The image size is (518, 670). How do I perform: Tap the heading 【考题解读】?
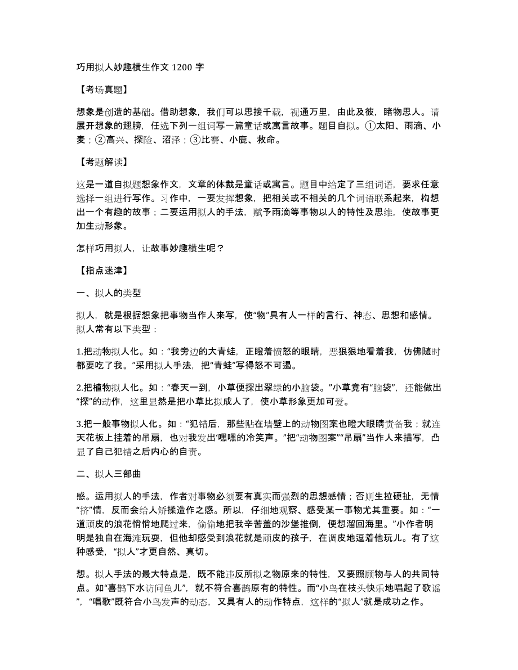tap(101, 163)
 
